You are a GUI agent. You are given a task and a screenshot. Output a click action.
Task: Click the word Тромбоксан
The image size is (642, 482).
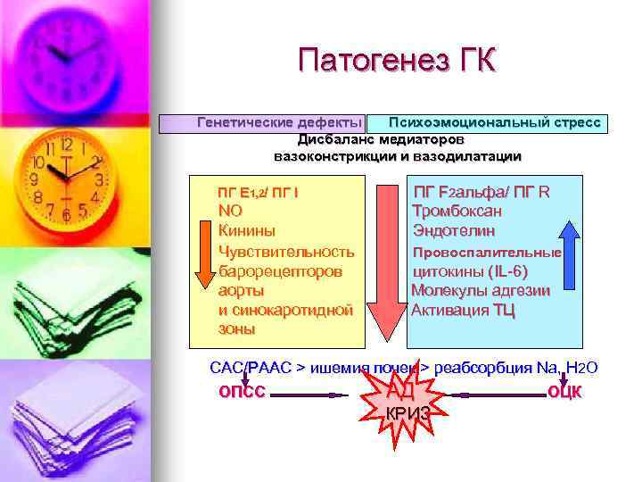click(457, 212)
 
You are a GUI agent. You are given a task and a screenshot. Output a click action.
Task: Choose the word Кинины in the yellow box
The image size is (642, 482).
click(247, 231)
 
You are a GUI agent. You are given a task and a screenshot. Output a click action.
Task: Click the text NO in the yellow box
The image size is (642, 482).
click(230, 212)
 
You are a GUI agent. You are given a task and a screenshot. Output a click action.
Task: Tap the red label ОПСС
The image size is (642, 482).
click(242, 391)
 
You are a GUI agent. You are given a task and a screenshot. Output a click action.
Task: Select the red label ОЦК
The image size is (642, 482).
click(564, 391)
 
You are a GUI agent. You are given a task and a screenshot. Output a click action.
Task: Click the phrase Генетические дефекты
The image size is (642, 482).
click(279, 122)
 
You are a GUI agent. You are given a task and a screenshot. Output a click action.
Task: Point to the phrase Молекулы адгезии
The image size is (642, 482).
click(481, 291)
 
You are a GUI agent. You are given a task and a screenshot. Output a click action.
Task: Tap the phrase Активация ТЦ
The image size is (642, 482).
click(463, 311)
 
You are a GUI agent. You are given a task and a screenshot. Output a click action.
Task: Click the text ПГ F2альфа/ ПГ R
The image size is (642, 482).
click(481, 192)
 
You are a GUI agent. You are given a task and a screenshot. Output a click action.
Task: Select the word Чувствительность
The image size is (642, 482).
click(286, 252)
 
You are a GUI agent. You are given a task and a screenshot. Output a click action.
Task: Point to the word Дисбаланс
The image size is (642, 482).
click(336, 139)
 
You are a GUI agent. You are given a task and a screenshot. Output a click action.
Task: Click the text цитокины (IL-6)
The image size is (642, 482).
click(470, 271)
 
